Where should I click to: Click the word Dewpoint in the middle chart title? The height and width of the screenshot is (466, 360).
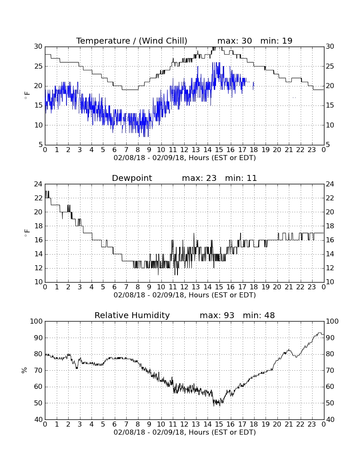(132, 178)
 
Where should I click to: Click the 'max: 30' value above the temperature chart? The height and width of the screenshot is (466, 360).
(235, 41)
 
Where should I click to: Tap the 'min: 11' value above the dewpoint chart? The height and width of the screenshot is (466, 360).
(241, 178)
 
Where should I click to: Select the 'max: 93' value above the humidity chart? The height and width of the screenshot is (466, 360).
(217, 315)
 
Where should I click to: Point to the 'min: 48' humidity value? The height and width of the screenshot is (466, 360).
(259, 315)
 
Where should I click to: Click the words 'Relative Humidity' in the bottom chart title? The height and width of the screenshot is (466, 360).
(132, 315)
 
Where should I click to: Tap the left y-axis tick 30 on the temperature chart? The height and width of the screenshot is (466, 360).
(38, 46)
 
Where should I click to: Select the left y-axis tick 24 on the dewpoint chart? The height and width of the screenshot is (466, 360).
(38, 184)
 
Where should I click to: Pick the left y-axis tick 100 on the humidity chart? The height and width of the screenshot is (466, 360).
(36, 321)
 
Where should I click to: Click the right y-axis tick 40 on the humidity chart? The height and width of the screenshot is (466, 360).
(330, 419)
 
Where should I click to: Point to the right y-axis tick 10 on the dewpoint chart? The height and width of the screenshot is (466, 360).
(330, 282)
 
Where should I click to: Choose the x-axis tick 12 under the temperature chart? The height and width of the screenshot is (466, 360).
(185, 150)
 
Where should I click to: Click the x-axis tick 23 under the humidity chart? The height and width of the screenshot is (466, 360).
(312, 424)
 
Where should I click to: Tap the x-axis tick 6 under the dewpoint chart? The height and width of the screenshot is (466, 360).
(115, 287)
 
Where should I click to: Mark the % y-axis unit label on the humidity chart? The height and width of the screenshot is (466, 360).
(25, 370)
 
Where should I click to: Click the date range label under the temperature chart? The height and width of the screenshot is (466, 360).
(185, 158)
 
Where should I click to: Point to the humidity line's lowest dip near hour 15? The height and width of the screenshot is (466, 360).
(219, 405)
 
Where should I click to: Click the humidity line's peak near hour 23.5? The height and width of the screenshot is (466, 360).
(320, 333)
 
